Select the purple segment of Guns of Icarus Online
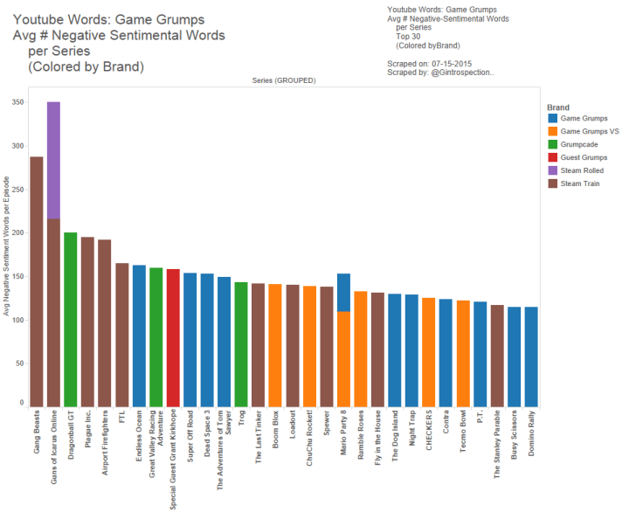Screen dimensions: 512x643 (53, 160)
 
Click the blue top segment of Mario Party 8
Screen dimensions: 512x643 (343, 292)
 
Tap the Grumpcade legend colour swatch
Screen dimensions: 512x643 (550, 144)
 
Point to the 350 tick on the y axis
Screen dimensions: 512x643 (18, 103)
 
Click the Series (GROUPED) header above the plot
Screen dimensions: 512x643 (284, 80)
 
